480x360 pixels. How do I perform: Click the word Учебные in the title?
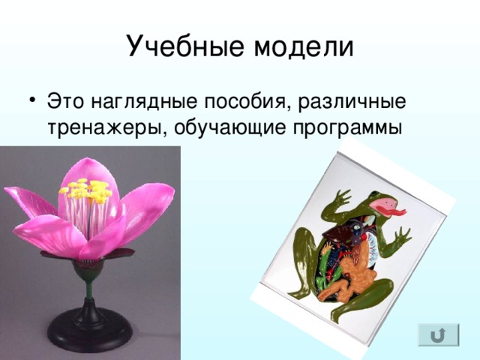[x=186, y=46]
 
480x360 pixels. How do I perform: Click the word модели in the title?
[x=304, y=46]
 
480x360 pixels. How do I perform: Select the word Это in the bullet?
[x=65, y=101]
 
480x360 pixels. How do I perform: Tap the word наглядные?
[x=144, y=102]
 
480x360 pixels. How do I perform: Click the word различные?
[x=352, y=102]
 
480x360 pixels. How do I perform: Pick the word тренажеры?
[x=104, y=128]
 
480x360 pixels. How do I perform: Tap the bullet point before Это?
[x=33, y=100]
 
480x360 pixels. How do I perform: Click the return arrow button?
[x=438, y=335]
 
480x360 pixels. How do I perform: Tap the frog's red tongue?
[x=391, y=211]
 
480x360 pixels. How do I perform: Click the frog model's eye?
[x=374, y=193]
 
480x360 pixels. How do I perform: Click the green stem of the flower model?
[x=88, y=288]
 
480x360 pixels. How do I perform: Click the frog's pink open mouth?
[x=384, y=204]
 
